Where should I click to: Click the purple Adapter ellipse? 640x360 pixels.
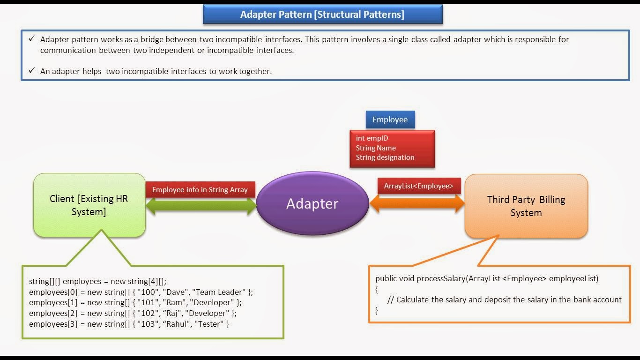click(x=313, y=204)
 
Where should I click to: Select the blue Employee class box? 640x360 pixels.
click(x=390, y=120)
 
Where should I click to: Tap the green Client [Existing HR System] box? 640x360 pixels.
click(x=89, y=205)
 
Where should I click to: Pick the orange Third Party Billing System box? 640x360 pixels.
click(x=526, y=206)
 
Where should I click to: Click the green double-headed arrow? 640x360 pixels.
click(x=201, y=206)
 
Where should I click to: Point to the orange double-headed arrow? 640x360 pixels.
click(x=417, y=203)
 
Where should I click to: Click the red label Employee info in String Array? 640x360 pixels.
click(x=200, y=190)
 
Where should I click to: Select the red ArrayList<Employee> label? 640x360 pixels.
click(x=419, y=186)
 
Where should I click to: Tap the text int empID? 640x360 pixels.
click(x=372, y=138)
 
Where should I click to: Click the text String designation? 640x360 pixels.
click(x=385, y=157)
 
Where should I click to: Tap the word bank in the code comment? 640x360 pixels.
click(x=584, y=300)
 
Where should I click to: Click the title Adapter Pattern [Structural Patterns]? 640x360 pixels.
click(x=322, y=15)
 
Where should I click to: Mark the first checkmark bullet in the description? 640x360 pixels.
click(x=31, y=39)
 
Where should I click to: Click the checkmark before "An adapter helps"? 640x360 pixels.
click(x=31, y=71)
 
